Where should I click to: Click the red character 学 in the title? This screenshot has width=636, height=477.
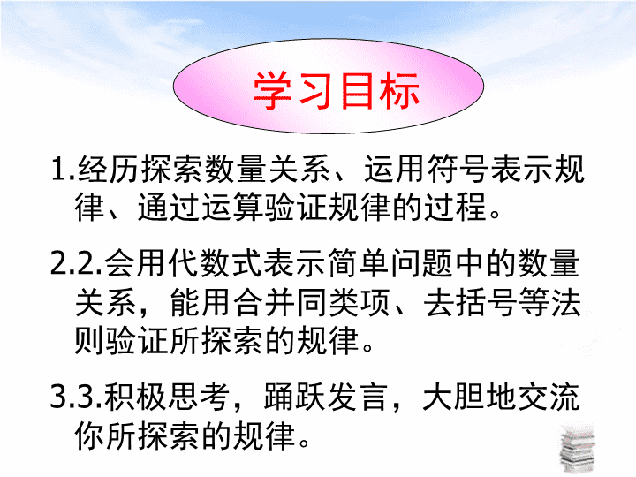[272, 90]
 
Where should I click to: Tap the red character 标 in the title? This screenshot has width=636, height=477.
[398, 90]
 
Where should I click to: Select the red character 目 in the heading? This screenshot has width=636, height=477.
[357, 90]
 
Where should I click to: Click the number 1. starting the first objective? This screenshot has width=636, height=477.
[64, 169]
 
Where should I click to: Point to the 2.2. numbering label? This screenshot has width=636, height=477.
[76, 263]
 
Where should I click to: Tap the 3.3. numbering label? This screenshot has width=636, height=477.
[76, 397]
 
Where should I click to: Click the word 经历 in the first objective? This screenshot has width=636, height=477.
[109, 169]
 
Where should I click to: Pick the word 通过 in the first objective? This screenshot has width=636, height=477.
[169, 207]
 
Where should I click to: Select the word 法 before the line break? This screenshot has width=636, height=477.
[566, 303]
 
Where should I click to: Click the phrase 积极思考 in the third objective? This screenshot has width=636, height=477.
[167, 397]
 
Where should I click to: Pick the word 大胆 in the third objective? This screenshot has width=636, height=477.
[453, 397]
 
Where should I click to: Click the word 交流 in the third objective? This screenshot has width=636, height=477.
[548, 397]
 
